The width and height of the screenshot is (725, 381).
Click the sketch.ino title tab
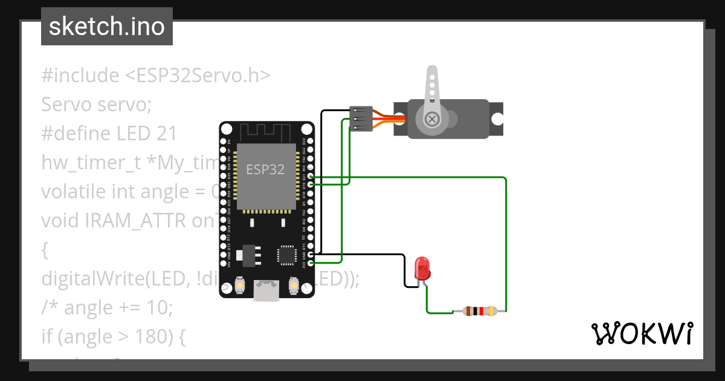coord(107,27)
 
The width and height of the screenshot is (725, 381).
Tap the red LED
coord(422,267)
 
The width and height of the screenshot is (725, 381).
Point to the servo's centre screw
coord(431,119)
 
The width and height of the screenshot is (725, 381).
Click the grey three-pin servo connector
coord(360,119)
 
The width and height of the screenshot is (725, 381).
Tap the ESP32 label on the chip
coord(265,169)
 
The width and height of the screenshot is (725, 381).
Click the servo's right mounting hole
coord(496,119)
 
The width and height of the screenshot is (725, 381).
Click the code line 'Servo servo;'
coord(96,105)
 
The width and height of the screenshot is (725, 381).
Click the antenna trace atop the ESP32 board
coord(266,132)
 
